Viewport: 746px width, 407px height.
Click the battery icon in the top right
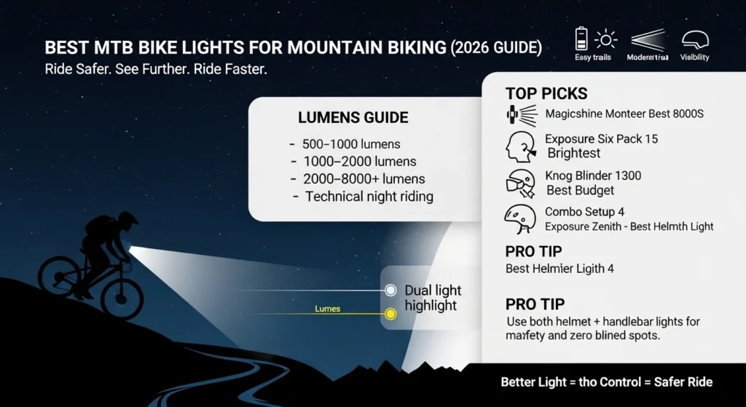(581, 38)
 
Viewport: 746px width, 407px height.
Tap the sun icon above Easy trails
(605, 39)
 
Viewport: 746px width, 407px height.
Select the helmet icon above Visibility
(694, 39)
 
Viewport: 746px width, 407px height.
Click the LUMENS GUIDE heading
(353, 118)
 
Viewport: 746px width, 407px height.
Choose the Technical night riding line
(364, 197)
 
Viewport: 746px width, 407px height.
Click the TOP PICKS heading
(546, 93)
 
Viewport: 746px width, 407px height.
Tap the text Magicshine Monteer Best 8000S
(624, 114)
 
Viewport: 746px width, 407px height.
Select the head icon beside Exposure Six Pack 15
(520, 146)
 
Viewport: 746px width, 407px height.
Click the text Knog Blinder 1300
(593, 176)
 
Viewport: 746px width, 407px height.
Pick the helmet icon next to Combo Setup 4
(520, 218)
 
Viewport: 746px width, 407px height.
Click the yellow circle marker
(390, 314)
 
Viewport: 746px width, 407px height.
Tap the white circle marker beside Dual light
(390, 291)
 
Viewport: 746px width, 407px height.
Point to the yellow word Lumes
(327, 309)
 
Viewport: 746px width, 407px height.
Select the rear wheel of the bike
(59, 277)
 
